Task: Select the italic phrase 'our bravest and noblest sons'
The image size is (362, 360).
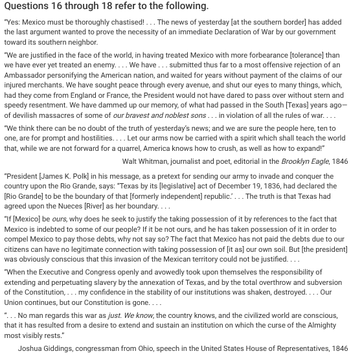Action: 159,117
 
